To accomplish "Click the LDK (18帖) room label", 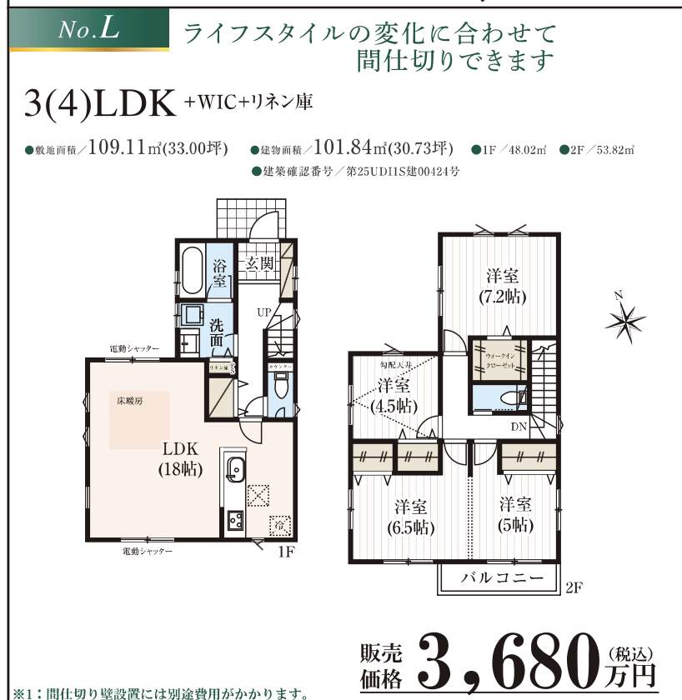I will (x=180, y=459).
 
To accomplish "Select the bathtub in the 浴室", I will (x=192, y=271).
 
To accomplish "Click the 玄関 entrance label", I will (x=259, y=263).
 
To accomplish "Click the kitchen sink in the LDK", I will (x=234, y=469).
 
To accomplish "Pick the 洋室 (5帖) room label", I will (x=517, y=514).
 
